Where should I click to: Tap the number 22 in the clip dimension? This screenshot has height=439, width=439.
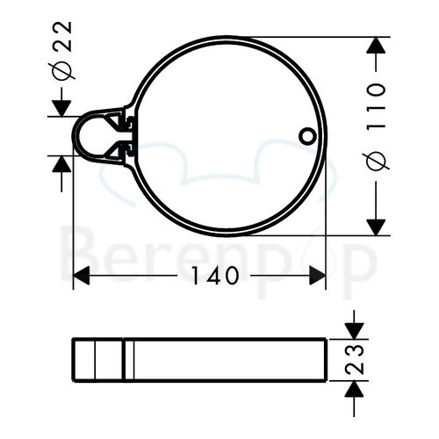pos(63,36)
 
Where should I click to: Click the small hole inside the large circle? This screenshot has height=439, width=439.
pos(306,136)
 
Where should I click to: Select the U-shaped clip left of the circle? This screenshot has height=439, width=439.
pos(89,135)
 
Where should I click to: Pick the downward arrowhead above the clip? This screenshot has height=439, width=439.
pos(61,106)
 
